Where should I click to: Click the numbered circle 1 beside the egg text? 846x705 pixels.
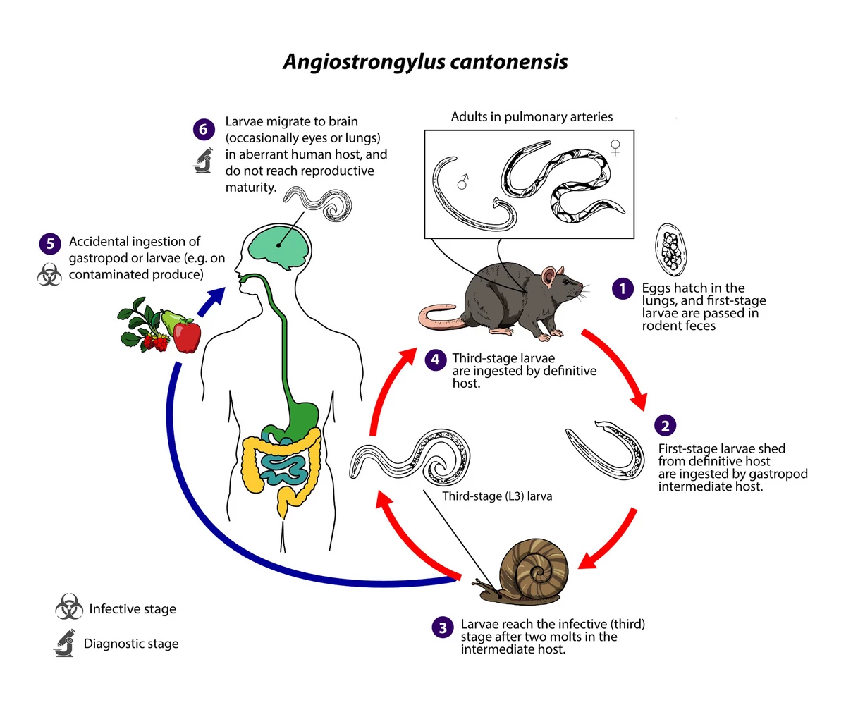pyautogui.click(x=622, y=288)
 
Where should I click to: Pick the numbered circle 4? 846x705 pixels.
pyautogui.click(x=435, y=359)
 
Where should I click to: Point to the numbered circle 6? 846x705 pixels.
pyautogui.click(x=203, y=130)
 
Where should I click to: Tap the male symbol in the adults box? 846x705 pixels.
pyautogui.click(x=462, y=183)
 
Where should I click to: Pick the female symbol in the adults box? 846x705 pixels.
pyautogui.click(x=615, y=147)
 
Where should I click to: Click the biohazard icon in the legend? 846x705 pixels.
pyautogui.click(x=68, y=608)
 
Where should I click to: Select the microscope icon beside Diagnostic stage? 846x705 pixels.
pyautogui.click(x=67, y=644)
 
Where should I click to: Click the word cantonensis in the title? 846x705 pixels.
pyautogui.click(x=507, y=62)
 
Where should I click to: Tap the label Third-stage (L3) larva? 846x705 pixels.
pyautogui.click(x=497, y=496)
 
